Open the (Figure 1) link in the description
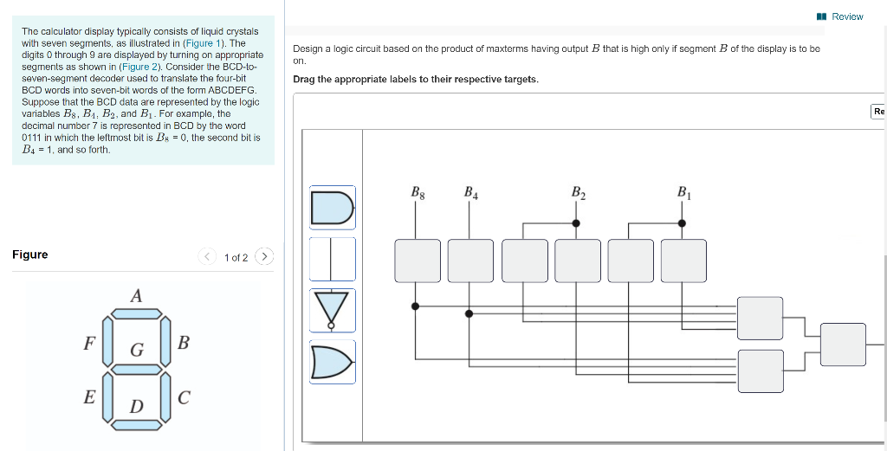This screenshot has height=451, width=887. click(205, 42)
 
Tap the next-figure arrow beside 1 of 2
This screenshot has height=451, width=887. click(265, 257)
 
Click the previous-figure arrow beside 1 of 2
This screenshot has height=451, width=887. click(207, 257)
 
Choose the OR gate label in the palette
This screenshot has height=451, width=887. click(333, 361)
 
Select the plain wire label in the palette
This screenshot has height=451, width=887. click(333, 259)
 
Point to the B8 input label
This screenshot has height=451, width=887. click(417, 192)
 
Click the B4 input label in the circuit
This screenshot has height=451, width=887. click(470, 192)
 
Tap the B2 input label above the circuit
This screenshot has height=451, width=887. click(578, 192)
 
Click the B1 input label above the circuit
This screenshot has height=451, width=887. click(683, 192)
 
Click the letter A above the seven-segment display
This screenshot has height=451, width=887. click(135, 296)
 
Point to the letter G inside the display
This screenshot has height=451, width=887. click(136, 350)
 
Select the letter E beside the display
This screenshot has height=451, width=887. click(88, 397)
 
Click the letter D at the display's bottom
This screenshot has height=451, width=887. click(136, 407)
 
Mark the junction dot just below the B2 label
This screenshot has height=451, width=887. click(577, 222)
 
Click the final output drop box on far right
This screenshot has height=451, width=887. click(843, 344)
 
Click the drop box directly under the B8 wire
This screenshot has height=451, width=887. click(417, 261)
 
